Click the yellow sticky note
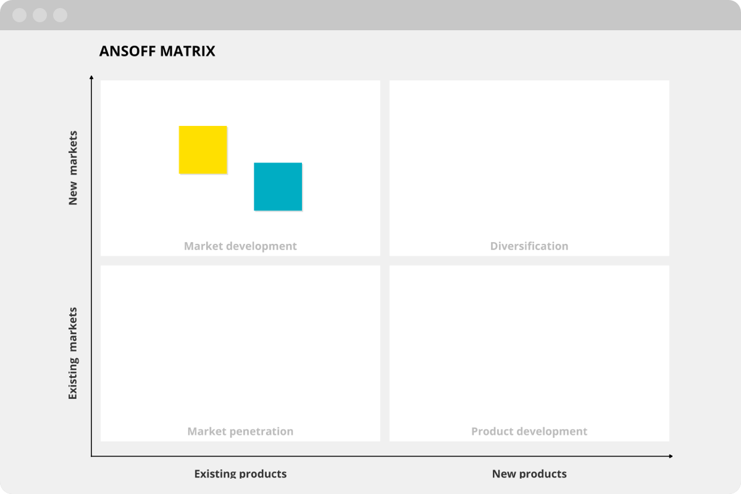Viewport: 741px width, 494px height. click(203, 150)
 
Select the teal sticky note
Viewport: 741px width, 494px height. click(278, 186)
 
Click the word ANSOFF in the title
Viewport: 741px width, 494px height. click(127, 51)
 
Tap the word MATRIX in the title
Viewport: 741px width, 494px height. click(188, 51)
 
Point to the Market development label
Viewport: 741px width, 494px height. click(240, 246)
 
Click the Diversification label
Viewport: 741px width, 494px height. click(529, 246)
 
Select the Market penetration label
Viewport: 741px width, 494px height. click(240, 432)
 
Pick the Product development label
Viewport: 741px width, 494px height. click(529, 432)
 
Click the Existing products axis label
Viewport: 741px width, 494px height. click(240, 474)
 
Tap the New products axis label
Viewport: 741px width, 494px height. click(529, 474)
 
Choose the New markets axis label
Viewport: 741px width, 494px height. click(73, 168)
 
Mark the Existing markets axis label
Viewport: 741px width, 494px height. click(73, 353)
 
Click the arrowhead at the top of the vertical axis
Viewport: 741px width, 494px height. click(91, 77)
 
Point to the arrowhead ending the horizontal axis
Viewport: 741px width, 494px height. click(671, 456)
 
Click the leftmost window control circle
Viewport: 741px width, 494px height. click(20, 15)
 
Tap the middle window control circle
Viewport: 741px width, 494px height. click(40, 15)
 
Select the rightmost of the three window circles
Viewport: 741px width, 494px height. click(61, 15)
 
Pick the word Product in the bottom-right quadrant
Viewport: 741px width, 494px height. click(492, 432)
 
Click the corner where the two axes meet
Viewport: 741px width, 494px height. click(91, 456)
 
